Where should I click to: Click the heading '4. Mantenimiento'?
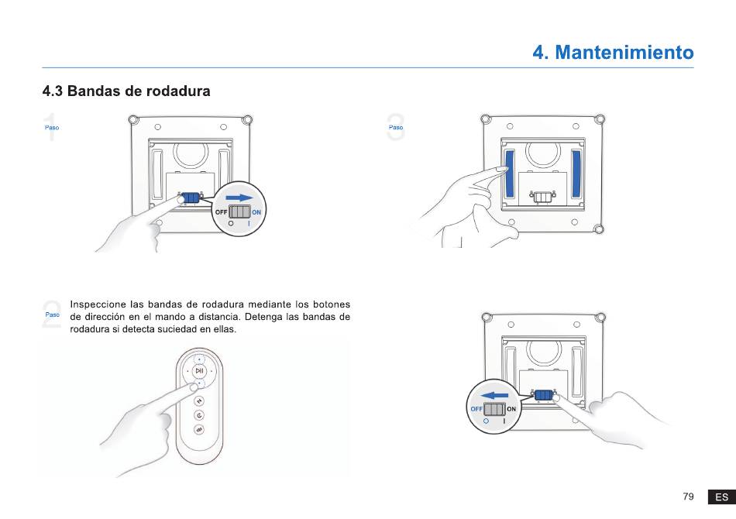coord(613,52)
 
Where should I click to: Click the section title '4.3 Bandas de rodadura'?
coord(126,91)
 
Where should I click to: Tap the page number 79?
coord(688,497)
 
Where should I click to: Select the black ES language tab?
coord(721,497)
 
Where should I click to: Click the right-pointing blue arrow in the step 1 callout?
coord(239,198)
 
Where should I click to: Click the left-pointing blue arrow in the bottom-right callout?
coord(494,396)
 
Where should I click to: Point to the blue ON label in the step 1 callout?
coord(256,212)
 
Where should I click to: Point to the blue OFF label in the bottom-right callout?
coord(476,409)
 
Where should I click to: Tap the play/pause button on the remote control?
coord(199,371)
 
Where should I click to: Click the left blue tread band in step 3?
coord(509,174)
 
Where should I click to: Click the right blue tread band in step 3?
coord(576,174)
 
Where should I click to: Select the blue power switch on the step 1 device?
coord(191,198)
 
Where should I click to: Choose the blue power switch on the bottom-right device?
coord(544,395)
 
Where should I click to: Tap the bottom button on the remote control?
coord(199,429)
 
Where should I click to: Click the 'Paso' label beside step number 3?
coord(396,127)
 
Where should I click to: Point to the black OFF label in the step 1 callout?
coord(221,212)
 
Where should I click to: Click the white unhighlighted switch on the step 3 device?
coord(542,197)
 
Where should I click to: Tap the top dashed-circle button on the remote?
coord(199,359)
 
